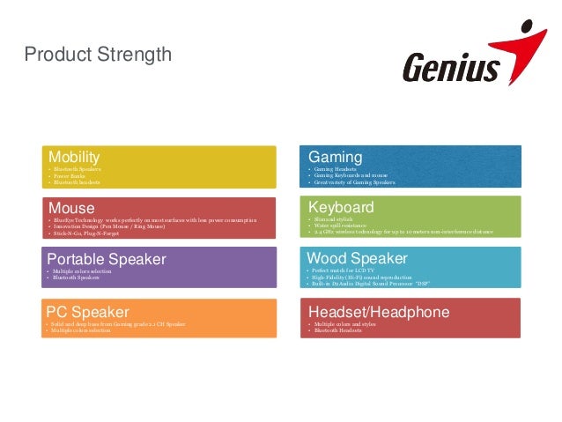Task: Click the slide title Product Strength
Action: (x=98, y=56)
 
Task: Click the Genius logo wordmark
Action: (x=451, y=68)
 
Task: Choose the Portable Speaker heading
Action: (x=107, y=259)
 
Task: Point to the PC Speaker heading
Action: (x=88, y=311)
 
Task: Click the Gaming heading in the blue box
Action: (x=330, y=156)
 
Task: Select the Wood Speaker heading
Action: (x=357, y=258)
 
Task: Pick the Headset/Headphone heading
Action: (x=379, y=311)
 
